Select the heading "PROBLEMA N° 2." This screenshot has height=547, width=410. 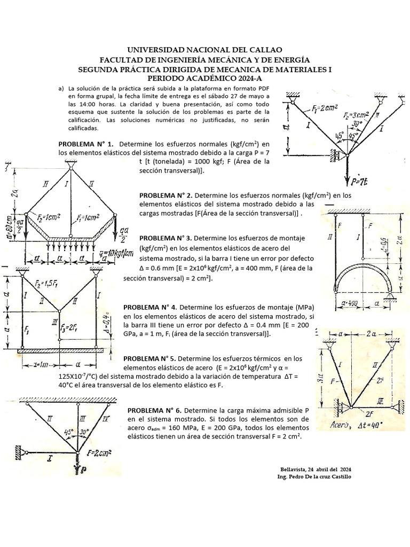pyautogui.click(x=169, y=196)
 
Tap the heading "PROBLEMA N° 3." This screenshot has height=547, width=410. pyautogui.click(x=169, y=238)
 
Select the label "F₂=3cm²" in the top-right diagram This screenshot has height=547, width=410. pyautogui.click(x=355, y=116)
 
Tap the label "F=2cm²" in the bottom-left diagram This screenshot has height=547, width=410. pyautogui.click(x=99, y=454)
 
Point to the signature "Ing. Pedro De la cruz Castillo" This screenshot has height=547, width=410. pyautogui.click(x=316, y=476)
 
